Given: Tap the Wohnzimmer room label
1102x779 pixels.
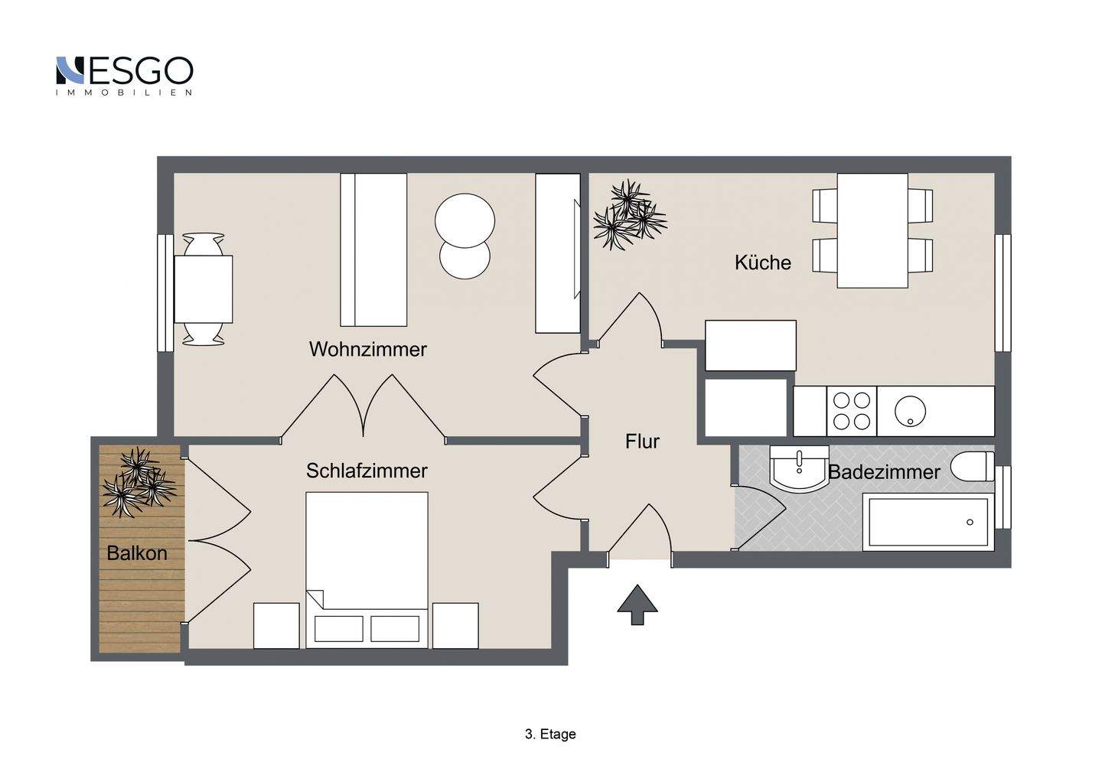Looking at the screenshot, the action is [x=367, y=349].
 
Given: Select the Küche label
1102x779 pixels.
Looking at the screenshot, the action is [x=762, y=262].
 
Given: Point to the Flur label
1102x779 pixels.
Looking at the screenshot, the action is [x=642, y=441].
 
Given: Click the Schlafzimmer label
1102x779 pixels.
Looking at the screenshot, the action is [x=367, y=471].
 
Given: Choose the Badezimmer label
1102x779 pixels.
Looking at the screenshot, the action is [x=884, y=472].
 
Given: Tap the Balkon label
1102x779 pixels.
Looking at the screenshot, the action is [x=137, y=553].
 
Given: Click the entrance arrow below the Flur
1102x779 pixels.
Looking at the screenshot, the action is [x=637, y=605].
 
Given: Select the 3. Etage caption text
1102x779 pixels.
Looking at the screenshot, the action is [x=550, y=735].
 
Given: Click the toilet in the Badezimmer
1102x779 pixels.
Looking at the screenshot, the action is [x=972, y=466].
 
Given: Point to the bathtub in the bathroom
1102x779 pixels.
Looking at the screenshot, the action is [x=928, y=523].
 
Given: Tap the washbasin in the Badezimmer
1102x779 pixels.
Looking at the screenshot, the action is [x=799, y=468].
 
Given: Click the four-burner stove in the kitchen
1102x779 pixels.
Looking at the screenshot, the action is [x=852, y=411].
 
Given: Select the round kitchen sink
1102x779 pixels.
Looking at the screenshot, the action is [x=910, y=411].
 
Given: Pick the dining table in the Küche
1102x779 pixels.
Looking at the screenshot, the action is [x=872, y=230].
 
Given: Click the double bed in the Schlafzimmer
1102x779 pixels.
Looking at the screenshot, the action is [x=367, y=570].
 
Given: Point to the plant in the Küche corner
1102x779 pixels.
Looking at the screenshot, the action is [x=630, y=215].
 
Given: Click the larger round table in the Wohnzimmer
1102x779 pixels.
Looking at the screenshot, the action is [x=465, y=220].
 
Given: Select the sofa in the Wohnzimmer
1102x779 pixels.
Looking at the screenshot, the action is [x=373, y=249].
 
